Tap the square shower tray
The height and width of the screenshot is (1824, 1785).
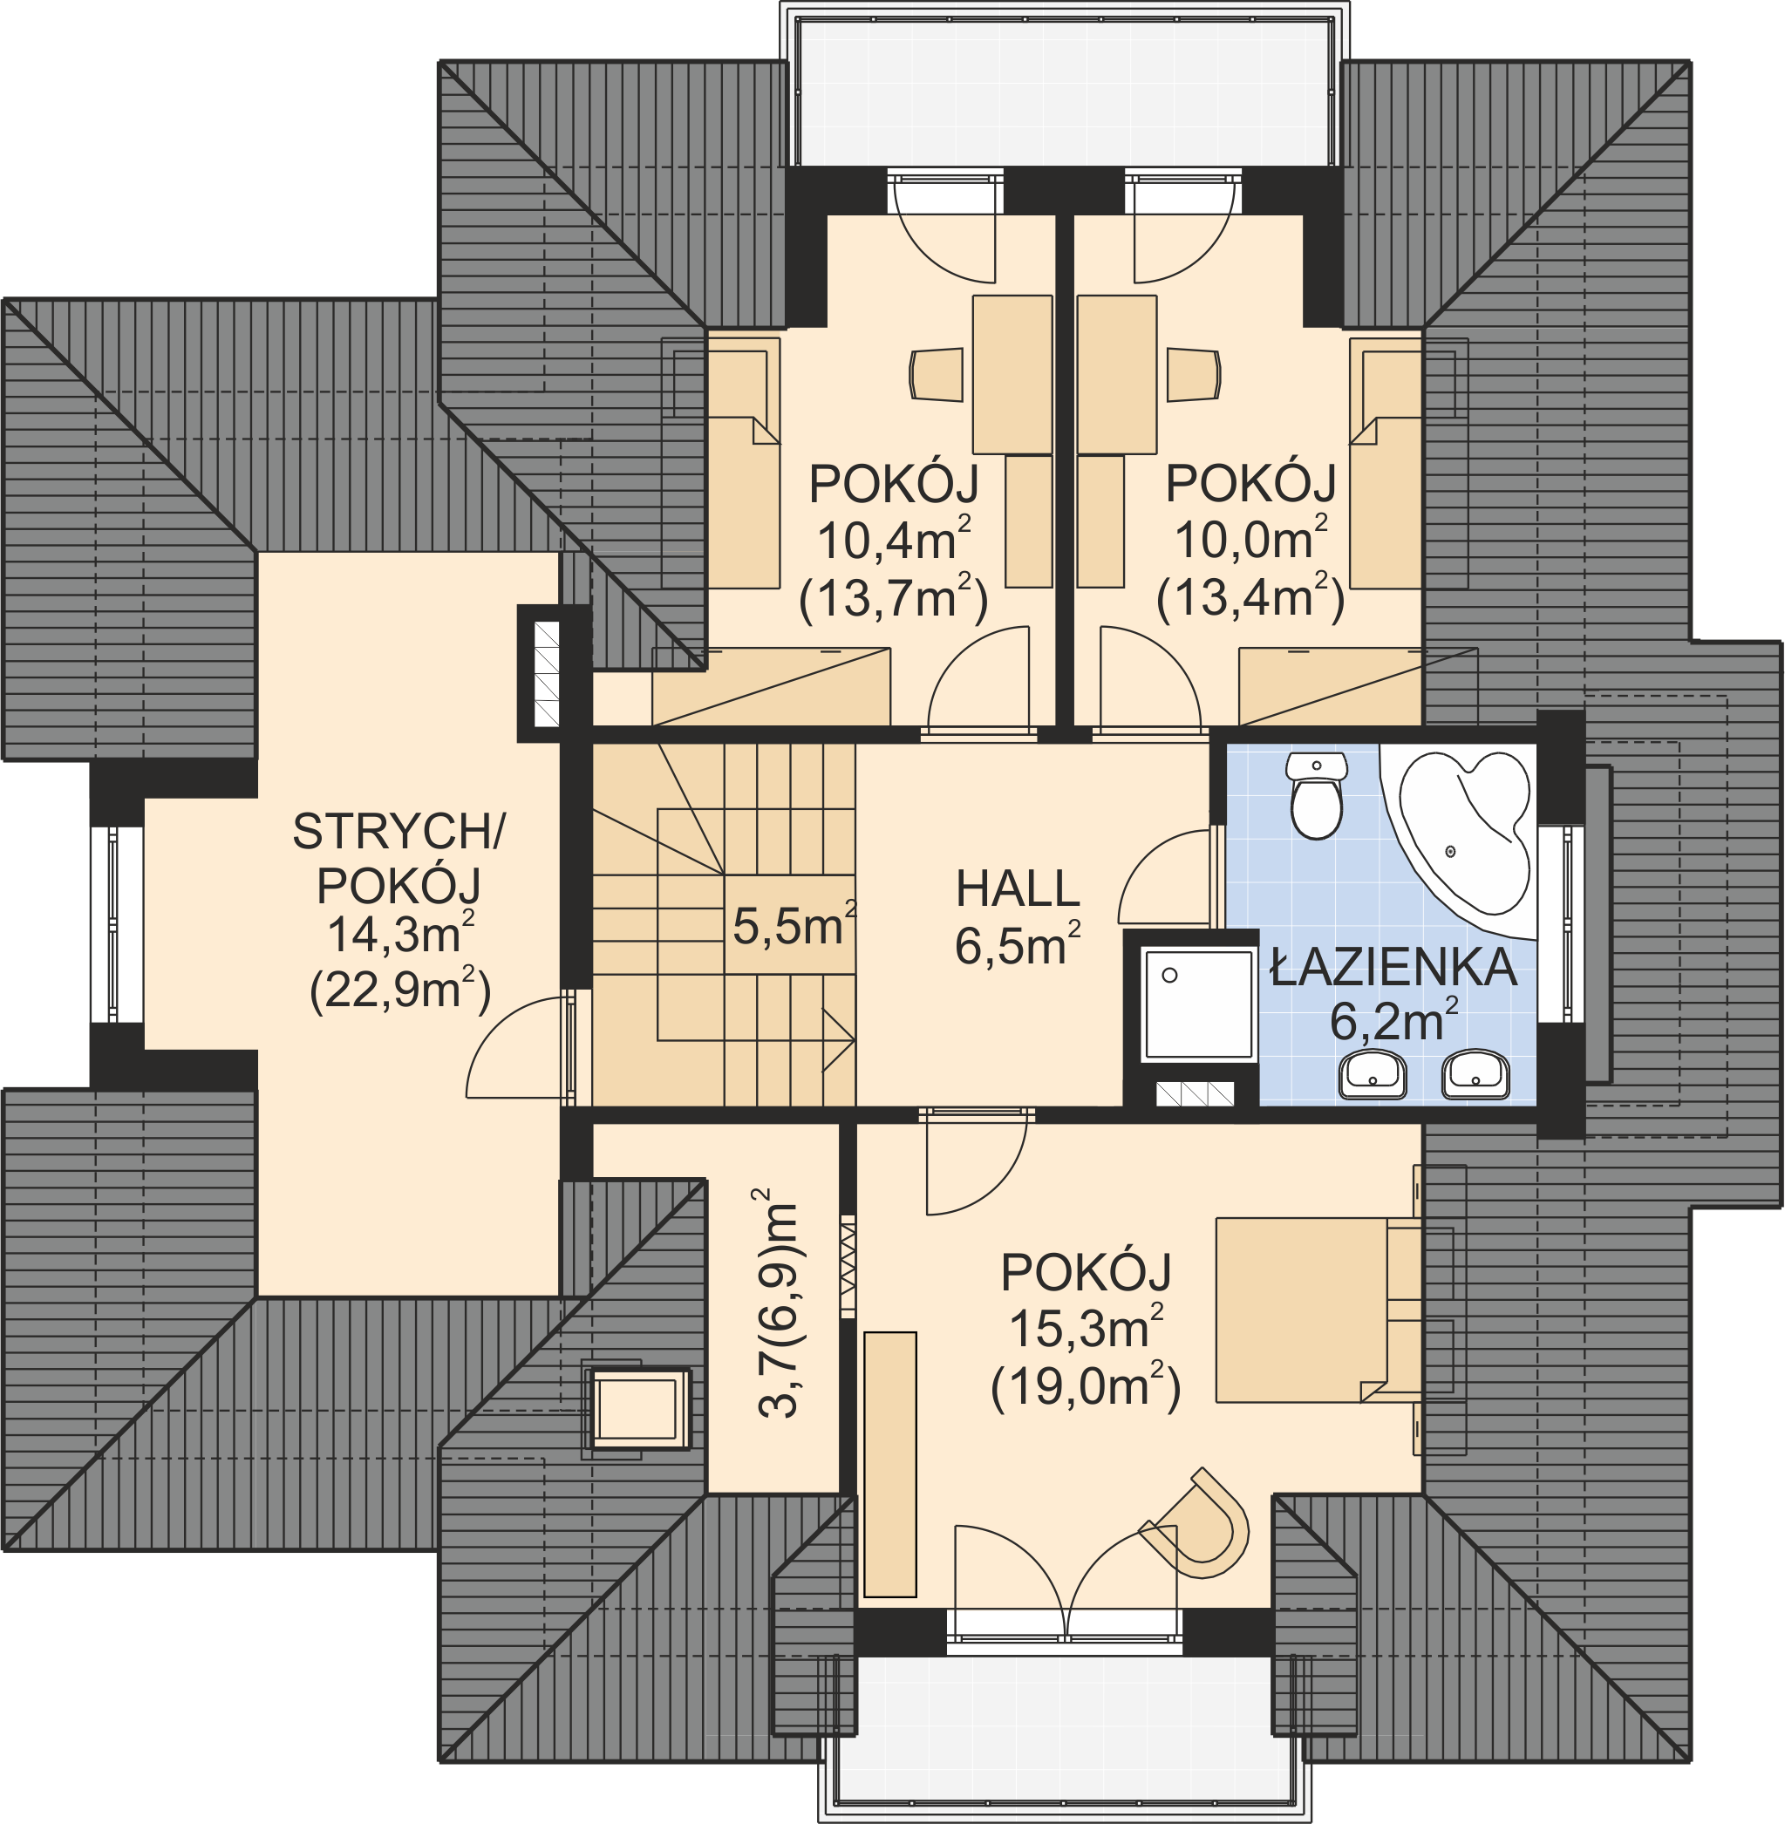1199,1004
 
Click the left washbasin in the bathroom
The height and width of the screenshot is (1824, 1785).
1374,1074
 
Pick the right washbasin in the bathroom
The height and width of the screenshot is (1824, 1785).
1475,1074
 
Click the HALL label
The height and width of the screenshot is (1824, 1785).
1019,888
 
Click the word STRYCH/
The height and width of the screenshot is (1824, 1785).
399,830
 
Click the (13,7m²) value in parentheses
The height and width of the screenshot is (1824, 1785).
894,596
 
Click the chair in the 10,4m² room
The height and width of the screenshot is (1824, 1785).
937,374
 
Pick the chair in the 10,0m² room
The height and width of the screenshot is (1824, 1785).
1194,375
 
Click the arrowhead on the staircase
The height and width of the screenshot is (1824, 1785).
838,1040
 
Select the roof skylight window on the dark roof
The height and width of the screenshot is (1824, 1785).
637,1408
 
